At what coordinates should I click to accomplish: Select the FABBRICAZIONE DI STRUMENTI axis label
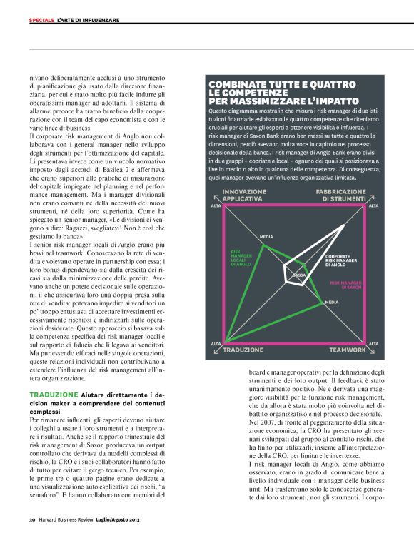point(342,195)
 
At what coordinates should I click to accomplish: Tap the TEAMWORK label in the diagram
point(348,350)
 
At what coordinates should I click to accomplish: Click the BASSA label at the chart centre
point(299,275)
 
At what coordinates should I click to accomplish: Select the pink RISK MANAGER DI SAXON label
point(347,284)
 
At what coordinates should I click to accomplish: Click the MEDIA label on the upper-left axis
point(266,236)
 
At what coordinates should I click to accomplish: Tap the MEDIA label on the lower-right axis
point(331,303)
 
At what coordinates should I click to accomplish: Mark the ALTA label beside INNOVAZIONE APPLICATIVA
point(216,206)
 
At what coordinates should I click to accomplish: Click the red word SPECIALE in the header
point(41,20)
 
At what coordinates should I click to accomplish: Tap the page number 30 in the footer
point(32,519)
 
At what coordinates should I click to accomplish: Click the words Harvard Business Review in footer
point(70,519)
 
